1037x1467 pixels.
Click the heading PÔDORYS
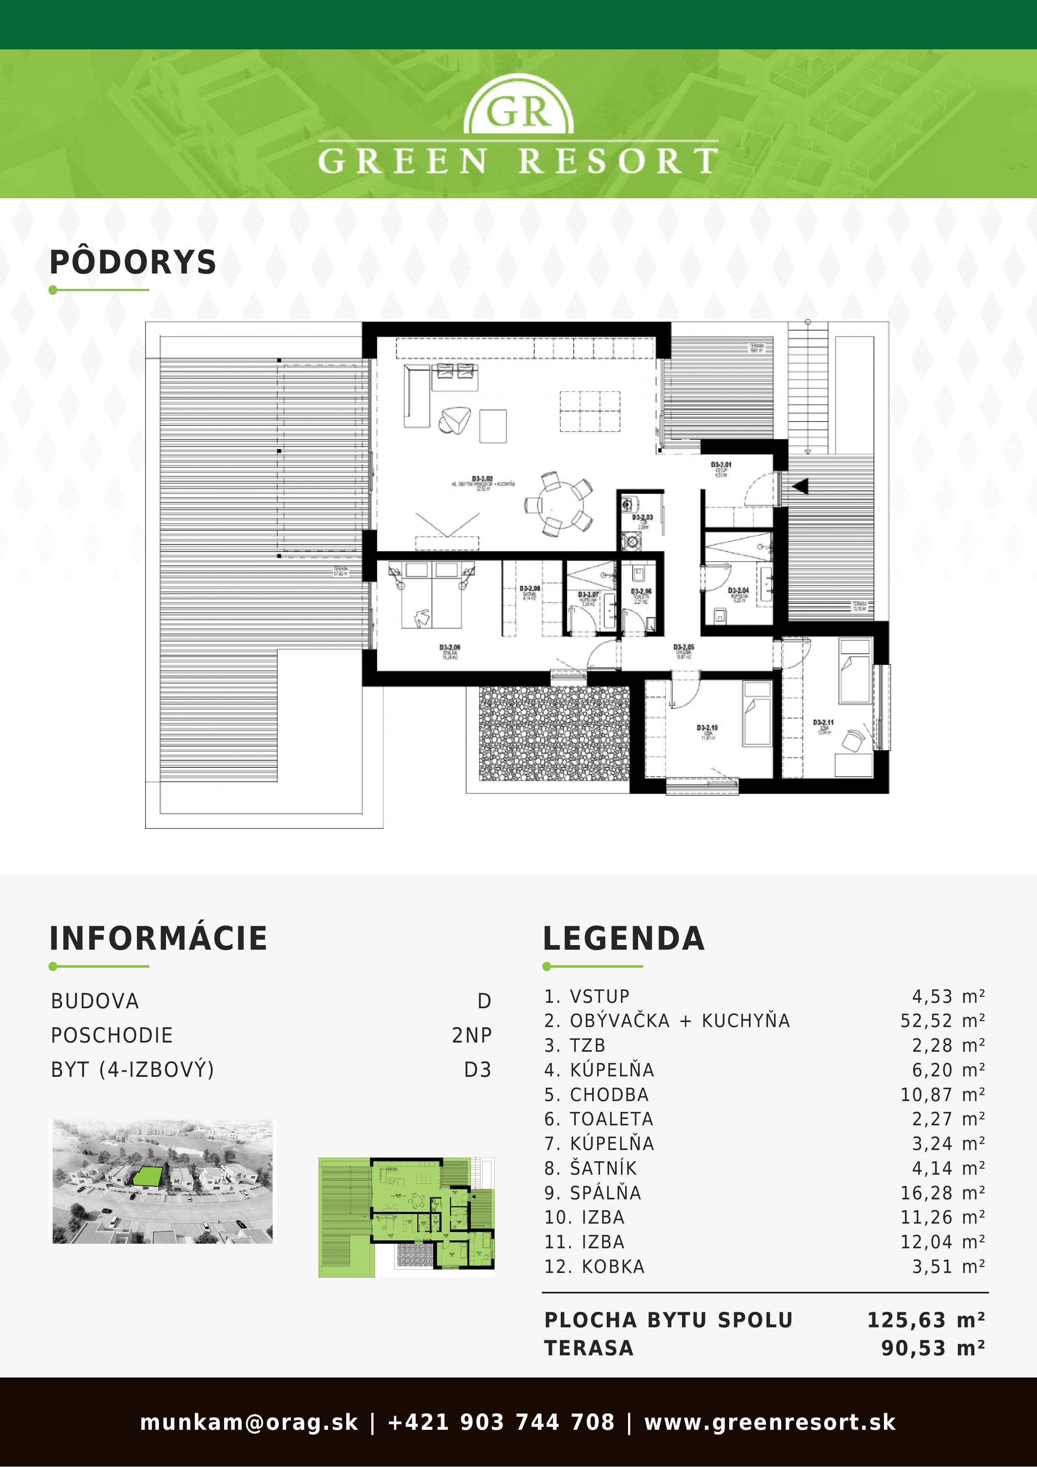(133, 263)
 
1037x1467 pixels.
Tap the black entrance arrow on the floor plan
(800, 486)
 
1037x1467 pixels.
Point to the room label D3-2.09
(449, 648)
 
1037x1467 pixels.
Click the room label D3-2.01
(721, 465)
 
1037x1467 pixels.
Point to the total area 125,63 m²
(925, 1320)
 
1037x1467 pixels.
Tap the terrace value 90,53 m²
(932, 1348)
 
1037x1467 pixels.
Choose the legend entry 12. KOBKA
(594, 1266)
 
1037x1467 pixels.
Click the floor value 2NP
(472, 1035)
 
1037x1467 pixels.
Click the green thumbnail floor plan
(406, 1217)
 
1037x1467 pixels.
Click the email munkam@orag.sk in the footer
(248, 1422)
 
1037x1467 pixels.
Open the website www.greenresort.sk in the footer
(769, 1422)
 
